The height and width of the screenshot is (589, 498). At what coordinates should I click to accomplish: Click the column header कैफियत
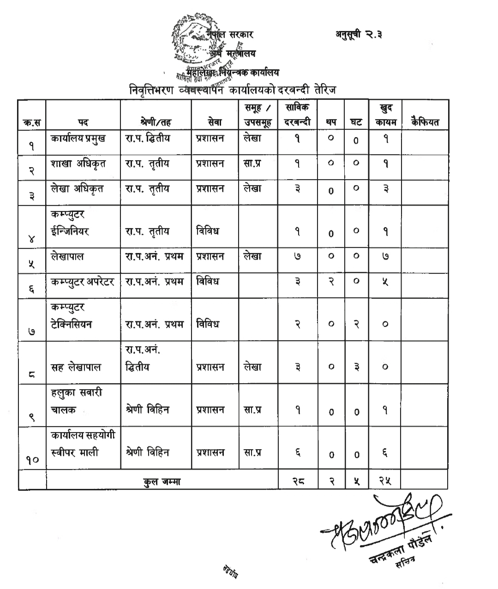click(x=425, y=122)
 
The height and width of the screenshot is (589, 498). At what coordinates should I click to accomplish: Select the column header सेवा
click(x=214, y=122)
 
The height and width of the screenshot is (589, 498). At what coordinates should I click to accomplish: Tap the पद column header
click(x=83, y=123)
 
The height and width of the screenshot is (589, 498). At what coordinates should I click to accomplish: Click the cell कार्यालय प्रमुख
click(x=78, y=138)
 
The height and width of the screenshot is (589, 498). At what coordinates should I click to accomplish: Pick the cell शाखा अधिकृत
click(x=78, y=163)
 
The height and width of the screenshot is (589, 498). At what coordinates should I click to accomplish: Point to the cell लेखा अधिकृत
click(x=78, y=188)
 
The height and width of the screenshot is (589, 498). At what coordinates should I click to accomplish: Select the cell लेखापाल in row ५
click(x=67, y=256)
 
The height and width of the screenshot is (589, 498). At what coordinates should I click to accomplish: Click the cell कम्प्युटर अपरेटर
click(x=83, y=281)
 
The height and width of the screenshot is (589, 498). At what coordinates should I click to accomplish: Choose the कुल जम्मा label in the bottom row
click(x=162, y=482)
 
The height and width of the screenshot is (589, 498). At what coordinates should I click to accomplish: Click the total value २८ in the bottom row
click(x=298, y=481)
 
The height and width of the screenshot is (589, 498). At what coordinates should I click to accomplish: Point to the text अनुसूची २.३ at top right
click(x=360, y=35)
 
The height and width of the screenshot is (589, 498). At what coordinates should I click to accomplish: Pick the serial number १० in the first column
click(x=32, y=459)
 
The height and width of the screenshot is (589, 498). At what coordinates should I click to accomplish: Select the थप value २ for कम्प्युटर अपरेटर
click(x=331, y=281)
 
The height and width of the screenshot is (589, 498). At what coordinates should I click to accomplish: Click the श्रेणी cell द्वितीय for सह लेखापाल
click(x=137, y=367)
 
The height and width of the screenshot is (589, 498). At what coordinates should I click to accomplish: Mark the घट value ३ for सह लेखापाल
click(x=356, y=367)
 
